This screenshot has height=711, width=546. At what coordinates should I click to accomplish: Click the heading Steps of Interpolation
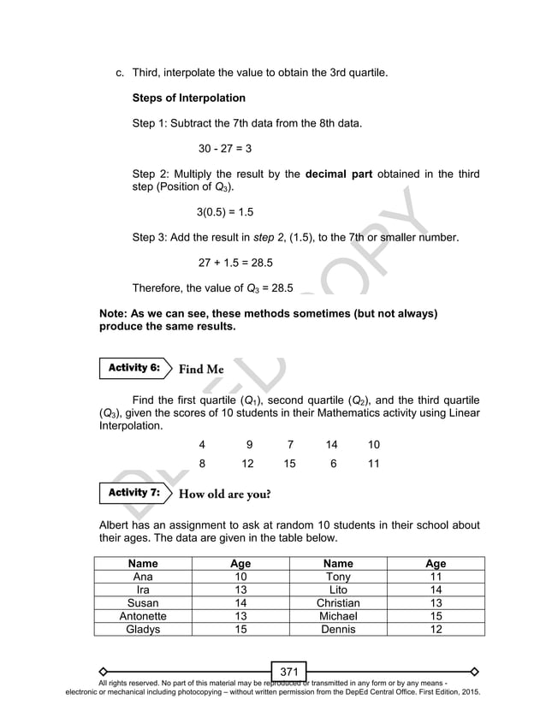click(x=188, y=98)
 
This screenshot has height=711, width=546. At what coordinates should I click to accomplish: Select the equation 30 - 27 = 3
click(x=224, y=148)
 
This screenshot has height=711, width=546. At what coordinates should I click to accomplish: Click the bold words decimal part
click(x=338, y=175)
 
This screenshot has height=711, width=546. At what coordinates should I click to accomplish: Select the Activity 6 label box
click(x=133, y=368)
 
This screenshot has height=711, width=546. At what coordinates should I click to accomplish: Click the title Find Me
click(x=201, y=369)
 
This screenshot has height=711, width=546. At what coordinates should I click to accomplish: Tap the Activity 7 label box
click(x=133, y=493)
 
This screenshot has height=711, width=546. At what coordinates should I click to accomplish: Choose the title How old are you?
click(x=225, y=494)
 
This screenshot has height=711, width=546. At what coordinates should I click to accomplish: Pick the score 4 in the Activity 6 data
click(x=202, y=445)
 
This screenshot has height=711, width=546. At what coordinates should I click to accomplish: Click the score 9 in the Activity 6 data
click(x=248, y=445)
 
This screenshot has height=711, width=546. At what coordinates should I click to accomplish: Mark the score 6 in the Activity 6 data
click(x=333, y=464)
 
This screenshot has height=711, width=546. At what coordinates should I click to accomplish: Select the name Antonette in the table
click(x=143, y=615)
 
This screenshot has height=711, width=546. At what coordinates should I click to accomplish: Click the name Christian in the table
click(x=338, y=602)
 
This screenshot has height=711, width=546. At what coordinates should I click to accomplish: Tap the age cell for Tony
click(x=436, y=577)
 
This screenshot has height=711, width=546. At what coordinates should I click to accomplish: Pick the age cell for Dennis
click(x=436, y=629)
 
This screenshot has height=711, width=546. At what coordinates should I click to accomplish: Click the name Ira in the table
click(x=143, y=590)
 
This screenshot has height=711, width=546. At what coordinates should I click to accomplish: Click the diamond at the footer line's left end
click(x=103, y=671)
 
